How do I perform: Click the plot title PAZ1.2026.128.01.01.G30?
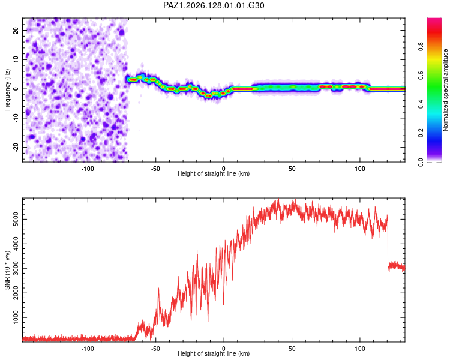(214, 5)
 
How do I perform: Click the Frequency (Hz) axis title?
(7, 89)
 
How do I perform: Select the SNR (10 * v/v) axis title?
(7, 270)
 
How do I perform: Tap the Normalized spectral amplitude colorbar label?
(445, 89)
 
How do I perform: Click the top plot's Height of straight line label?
(214, 173)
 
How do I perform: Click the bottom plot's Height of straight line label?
(214, 353)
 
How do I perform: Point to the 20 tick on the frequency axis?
(16, 31)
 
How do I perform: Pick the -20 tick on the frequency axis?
(16, 148)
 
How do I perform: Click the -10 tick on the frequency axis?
(16, 118)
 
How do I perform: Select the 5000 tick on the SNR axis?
(16, 220)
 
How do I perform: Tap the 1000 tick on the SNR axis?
(16, 317)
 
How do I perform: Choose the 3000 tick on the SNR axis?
(16, 268)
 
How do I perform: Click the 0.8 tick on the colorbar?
(421, 47)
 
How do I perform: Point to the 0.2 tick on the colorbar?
(421, 133)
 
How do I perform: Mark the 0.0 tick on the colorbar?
(421, 163)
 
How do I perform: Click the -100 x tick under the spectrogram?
(88, 169)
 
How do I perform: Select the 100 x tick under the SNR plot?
(360, 349)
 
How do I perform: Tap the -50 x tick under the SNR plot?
(155, 349)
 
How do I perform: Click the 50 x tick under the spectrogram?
(292, 169)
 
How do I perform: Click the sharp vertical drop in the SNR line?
(388, 242)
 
